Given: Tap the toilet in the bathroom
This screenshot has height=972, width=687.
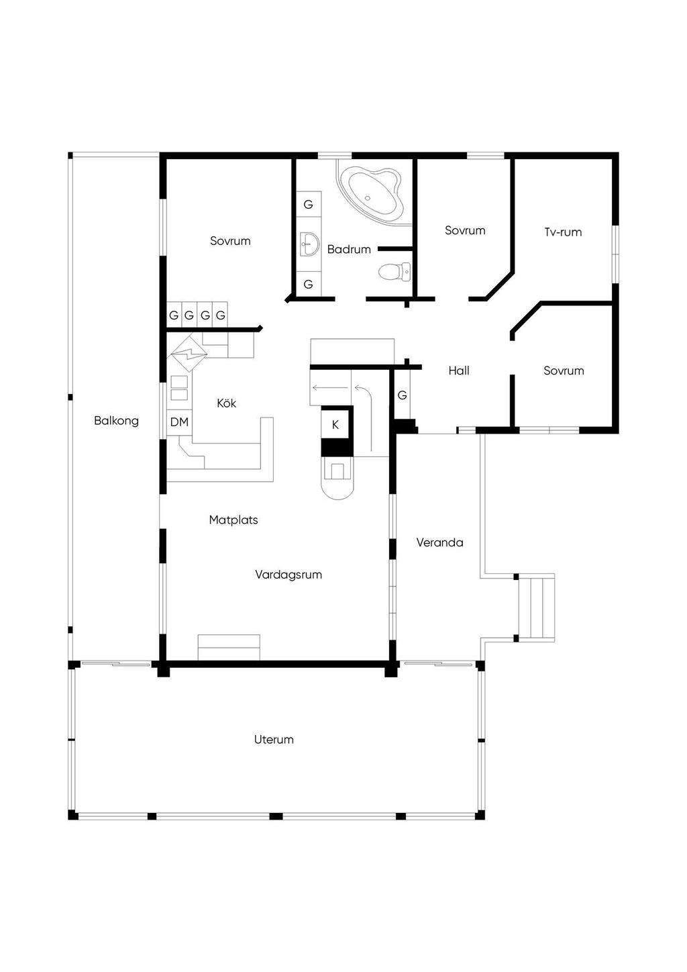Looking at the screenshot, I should click(393, 272).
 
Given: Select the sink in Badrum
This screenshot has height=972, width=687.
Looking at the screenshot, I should click(309, 243).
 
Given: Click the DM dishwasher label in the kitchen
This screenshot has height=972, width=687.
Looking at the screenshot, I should click(179, 422).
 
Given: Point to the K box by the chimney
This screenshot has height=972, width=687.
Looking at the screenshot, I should click(335, 424).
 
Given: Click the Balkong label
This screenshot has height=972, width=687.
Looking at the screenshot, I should click(116, 421).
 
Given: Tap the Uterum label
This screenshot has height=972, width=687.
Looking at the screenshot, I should click(274, 740).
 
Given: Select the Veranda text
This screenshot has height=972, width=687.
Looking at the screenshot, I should click(439, 542).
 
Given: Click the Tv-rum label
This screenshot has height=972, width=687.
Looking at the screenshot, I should click(563, 232).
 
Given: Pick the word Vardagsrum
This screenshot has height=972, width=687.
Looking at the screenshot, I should click(288, 575).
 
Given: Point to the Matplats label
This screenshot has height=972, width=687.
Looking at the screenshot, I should click(233, 520).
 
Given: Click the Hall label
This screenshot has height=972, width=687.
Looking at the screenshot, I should click(459, 371).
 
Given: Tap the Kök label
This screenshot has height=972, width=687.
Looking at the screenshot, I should click(227, 403).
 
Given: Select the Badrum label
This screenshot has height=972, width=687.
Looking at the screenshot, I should click(349, 250).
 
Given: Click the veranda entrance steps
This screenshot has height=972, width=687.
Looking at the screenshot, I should click(537, 607).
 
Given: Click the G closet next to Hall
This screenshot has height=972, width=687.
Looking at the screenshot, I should click(402, 395).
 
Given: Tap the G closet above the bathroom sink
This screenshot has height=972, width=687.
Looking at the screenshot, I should click(309, 205).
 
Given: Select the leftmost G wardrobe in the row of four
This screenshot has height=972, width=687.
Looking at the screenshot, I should click(174, 315).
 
